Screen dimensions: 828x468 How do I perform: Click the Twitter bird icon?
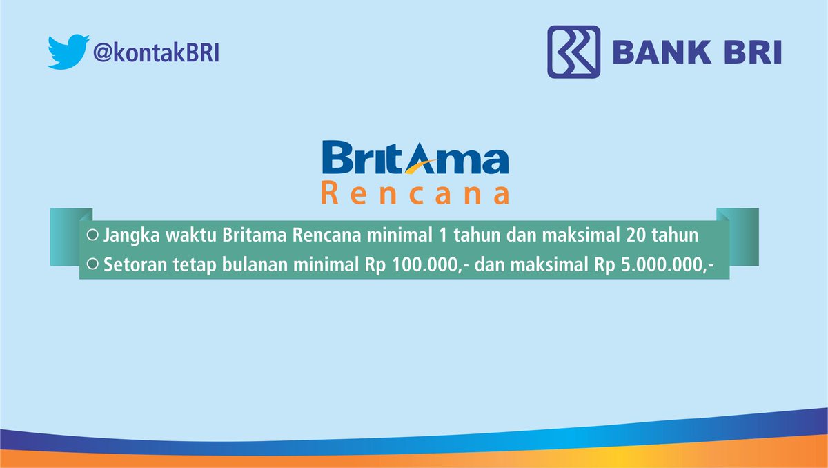click(68, 52)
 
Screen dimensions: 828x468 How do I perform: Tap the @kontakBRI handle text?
click(156, 52)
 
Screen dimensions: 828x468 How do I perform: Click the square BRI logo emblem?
click(573, 52)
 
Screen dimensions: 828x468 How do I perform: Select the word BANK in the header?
click(662, 52)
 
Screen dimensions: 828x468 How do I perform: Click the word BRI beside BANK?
click(753, 52)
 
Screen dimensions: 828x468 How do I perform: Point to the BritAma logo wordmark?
click(415, 157)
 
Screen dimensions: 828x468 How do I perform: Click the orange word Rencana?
click(415, 193)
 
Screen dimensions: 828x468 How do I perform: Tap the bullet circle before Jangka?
click(92, 235)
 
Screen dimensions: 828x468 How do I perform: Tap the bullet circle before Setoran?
click(92, 264)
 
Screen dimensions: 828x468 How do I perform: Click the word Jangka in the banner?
click(131, 236)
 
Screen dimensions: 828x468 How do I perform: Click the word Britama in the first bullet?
click(255, 235)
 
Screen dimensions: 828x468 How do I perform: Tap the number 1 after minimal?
click(443, 235)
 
